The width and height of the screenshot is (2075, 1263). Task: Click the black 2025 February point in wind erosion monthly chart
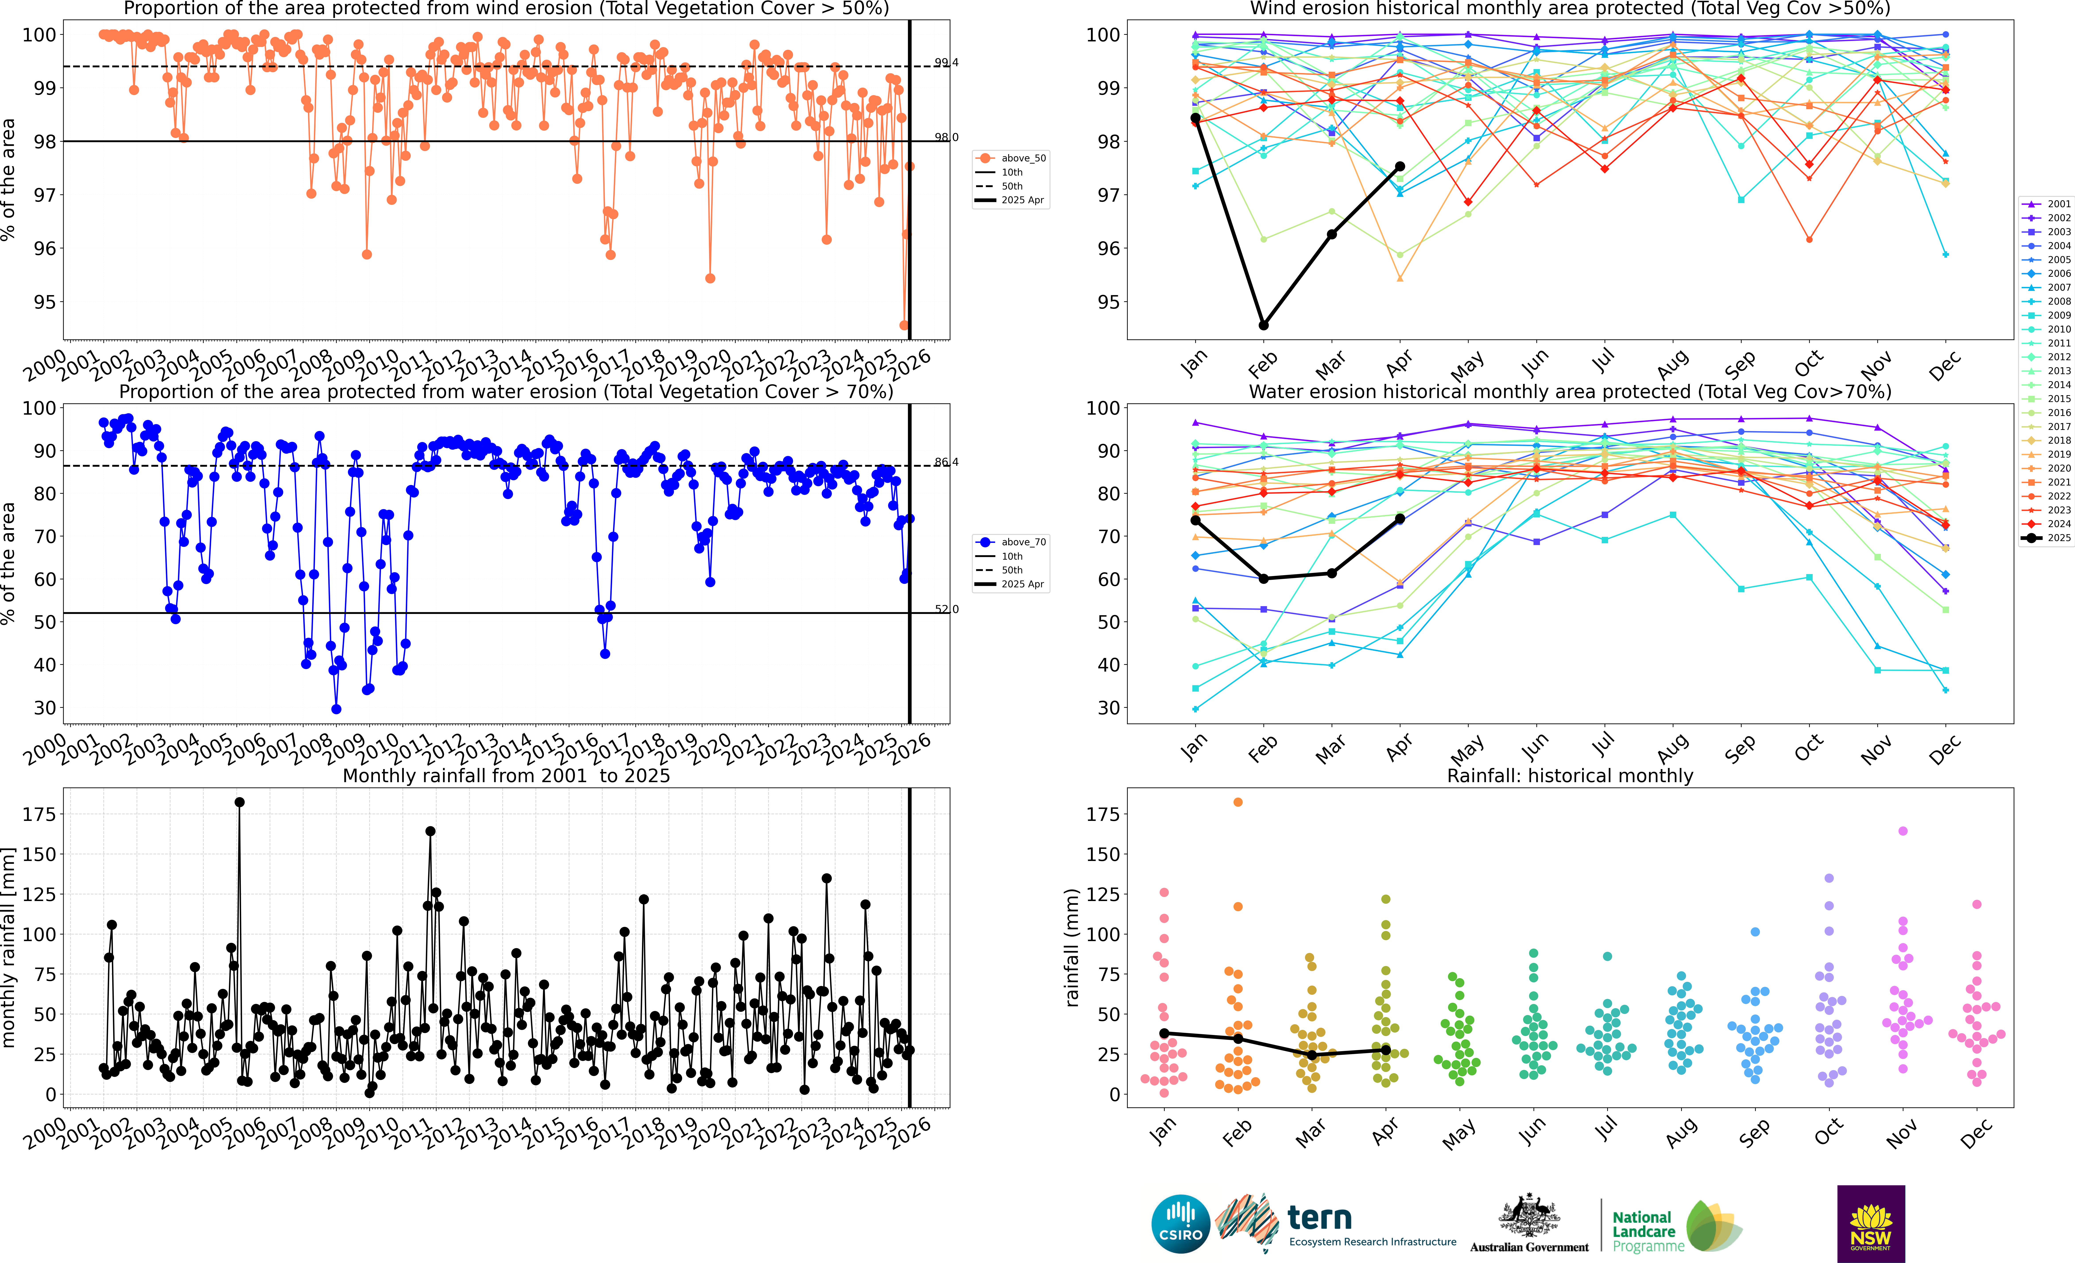click(1263, 325)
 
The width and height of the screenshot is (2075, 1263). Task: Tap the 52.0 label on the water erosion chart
click(946, 609)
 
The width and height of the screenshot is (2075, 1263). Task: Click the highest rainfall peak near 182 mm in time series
click(239, 803)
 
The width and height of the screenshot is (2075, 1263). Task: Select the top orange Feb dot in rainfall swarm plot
click(1238, 803)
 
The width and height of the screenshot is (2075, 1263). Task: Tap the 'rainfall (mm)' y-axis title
click(1071, 947)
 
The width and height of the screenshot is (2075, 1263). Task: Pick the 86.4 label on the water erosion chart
click(946, 462)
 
